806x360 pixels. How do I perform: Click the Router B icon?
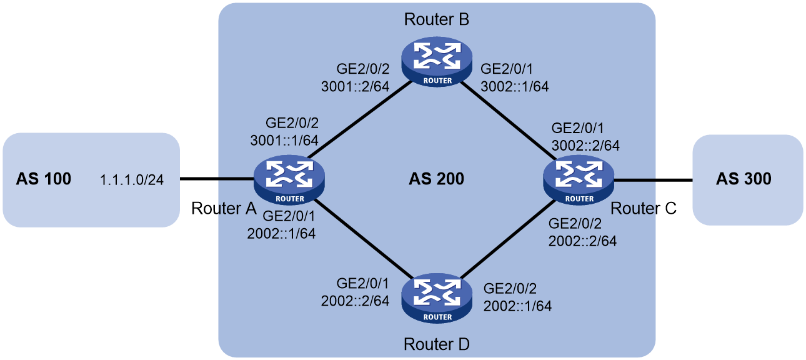437,61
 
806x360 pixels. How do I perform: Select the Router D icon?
437,297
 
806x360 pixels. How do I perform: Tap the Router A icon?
289,179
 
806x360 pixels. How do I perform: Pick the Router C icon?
579,179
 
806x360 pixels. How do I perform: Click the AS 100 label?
44,179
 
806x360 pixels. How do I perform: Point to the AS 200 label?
437,179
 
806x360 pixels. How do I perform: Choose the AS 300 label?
744,179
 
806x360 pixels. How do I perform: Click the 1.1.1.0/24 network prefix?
132,179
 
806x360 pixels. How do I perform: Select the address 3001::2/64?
355,87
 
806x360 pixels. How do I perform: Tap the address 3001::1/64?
284,141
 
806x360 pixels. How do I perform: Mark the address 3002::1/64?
515,87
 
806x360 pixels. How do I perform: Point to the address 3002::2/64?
585,146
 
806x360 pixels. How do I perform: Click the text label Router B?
437,19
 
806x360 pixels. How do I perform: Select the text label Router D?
437,344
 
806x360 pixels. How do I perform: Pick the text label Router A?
224,209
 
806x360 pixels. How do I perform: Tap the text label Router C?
644,209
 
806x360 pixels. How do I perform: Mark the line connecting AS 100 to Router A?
217,179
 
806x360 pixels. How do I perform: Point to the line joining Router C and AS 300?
654,179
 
